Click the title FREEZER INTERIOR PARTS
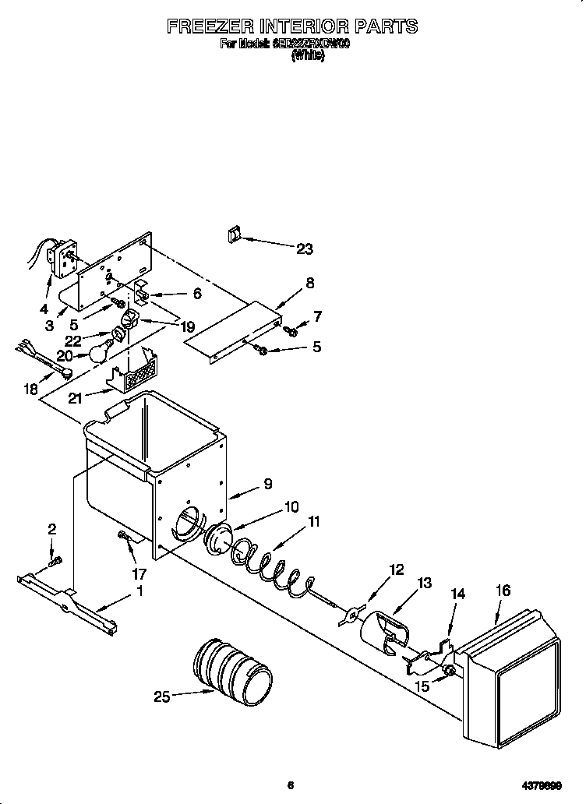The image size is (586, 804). click(x=292, y=26)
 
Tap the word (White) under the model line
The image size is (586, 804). click(x=307, y=56)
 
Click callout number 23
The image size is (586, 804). click(x=304, y=249)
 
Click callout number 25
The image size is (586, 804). click(x=162, y=697)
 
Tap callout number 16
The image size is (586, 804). click(x=503, y=591)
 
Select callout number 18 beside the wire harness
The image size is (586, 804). click(x=30, y=388)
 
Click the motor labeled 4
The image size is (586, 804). click(x=59, y=259)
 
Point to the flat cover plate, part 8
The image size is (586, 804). click(x=234, y=332)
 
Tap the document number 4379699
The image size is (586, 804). click(x=542, y=785)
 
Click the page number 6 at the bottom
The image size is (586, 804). click(x=290, y=785)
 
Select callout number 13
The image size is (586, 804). click(x=424, y=583)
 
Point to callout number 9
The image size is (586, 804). click(x=267, y=484)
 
